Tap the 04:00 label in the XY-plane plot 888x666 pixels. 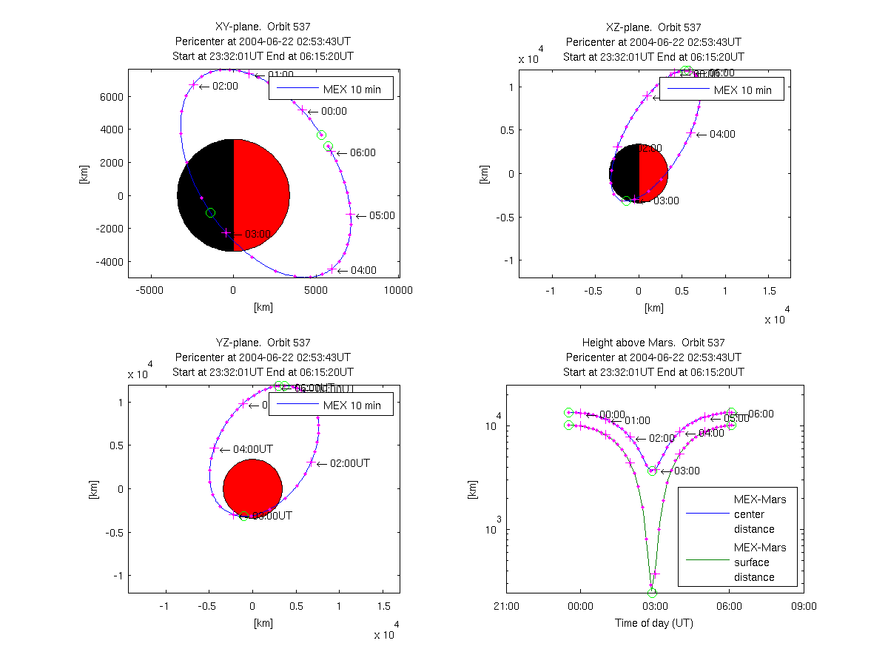tap(363, 270)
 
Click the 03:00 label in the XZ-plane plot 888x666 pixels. tap(665, 201)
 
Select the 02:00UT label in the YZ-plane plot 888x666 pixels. tap(349, 463)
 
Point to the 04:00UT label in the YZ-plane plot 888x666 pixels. tap(252, 449)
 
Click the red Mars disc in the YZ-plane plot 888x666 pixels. tap(253, 488)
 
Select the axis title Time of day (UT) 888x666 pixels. tap(654, 623)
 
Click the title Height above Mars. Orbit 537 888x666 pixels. tap(653, 343)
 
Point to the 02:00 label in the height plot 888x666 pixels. tap(662, 438)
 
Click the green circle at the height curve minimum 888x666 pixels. tap(652, 593)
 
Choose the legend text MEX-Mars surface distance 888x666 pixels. tap(760, 562)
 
